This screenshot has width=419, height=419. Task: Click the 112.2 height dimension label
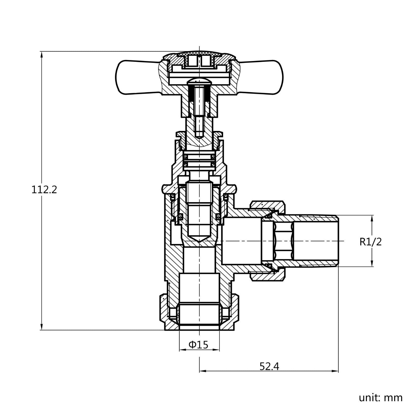pos(44,189)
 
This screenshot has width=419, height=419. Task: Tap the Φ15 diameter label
pos(198,344)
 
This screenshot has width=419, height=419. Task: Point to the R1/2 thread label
pos(370,242)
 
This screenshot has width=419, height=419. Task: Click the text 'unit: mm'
pos(381,398)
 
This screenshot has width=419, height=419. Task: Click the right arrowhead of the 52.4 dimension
pos(336,371)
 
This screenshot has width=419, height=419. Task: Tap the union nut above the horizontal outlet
pos(267,205)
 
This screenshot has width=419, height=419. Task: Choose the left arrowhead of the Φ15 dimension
pos(182,350)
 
